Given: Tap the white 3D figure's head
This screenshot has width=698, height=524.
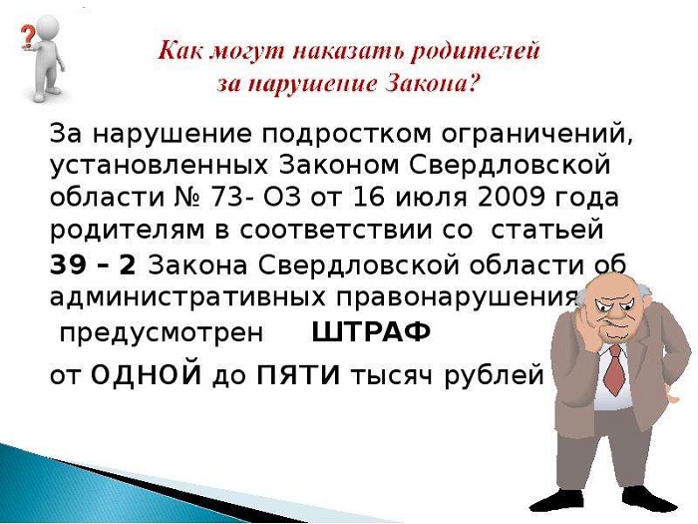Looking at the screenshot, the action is point(46,28).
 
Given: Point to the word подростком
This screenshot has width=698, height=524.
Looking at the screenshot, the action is point(347,134).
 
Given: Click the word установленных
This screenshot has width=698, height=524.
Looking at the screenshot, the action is point(159,166).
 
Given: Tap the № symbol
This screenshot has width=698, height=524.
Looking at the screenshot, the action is point(186,198).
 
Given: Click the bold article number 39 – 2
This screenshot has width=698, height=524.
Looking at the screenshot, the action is point(93,265).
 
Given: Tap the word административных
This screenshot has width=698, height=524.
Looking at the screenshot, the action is point(187,297).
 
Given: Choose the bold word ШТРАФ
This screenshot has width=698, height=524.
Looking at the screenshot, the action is point(371,332).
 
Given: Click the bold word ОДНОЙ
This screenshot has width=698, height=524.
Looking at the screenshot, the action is point(146,375).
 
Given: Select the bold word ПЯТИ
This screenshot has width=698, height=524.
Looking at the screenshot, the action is point(299,375).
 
